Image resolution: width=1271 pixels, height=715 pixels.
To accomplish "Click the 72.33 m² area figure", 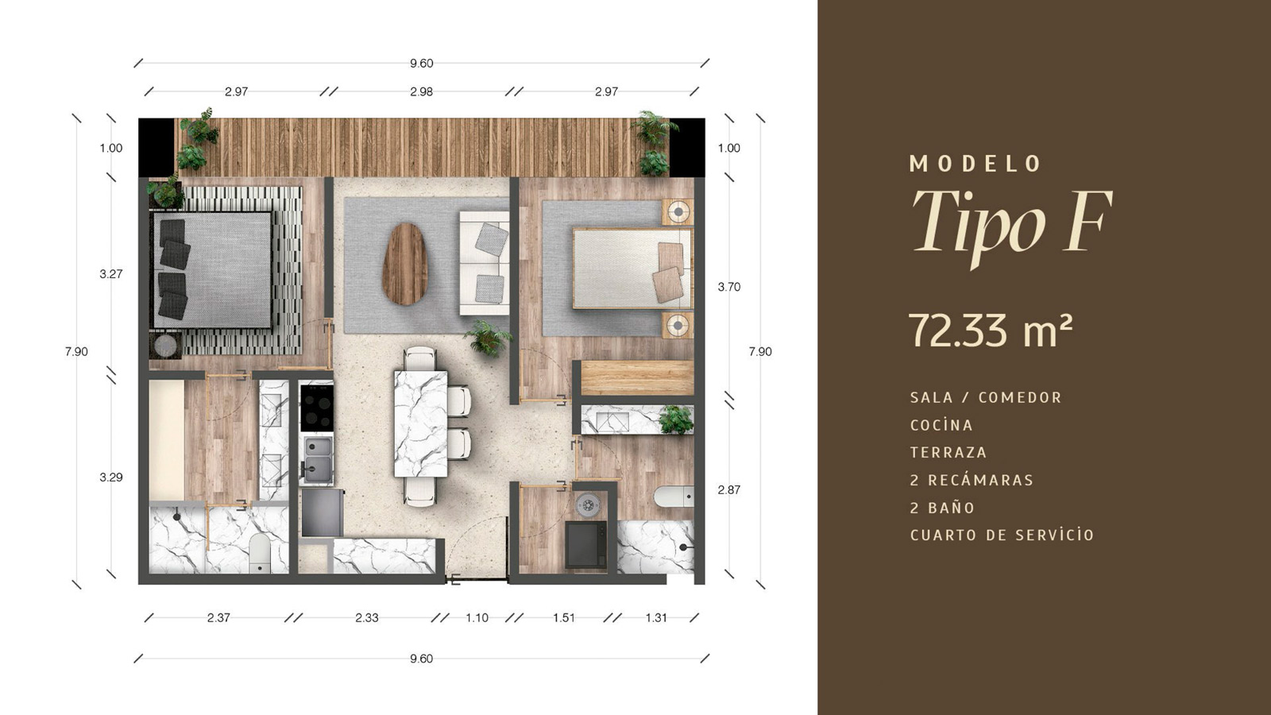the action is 991,330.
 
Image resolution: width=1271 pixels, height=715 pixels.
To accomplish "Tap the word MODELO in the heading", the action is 975,164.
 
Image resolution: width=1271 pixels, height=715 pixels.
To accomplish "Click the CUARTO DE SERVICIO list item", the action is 1002,535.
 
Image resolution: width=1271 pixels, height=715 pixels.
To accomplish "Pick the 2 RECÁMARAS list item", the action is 972,480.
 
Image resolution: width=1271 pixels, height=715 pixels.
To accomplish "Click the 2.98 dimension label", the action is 422,91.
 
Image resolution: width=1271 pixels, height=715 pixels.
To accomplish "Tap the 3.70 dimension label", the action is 729,287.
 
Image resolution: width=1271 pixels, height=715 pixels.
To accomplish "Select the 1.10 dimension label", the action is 477,618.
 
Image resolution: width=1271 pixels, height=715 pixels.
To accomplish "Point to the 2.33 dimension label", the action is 367,618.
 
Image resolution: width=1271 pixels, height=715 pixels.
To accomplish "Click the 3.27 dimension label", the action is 111,274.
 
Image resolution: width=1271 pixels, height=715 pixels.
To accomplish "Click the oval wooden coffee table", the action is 404,264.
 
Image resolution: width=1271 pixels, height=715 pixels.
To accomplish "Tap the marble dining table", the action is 420,423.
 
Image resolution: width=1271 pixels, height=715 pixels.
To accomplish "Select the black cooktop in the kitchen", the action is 317,408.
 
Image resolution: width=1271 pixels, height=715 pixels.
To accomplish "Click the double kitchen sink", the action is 318,460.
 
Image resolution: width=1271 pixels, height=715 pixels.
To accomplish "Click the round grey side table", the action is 166,345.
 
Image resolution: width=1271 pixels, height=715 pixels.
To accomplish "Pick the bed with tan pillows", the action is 632,269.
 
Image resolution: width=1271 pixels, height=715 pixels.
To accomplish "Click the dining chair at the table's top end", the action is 420,358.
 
